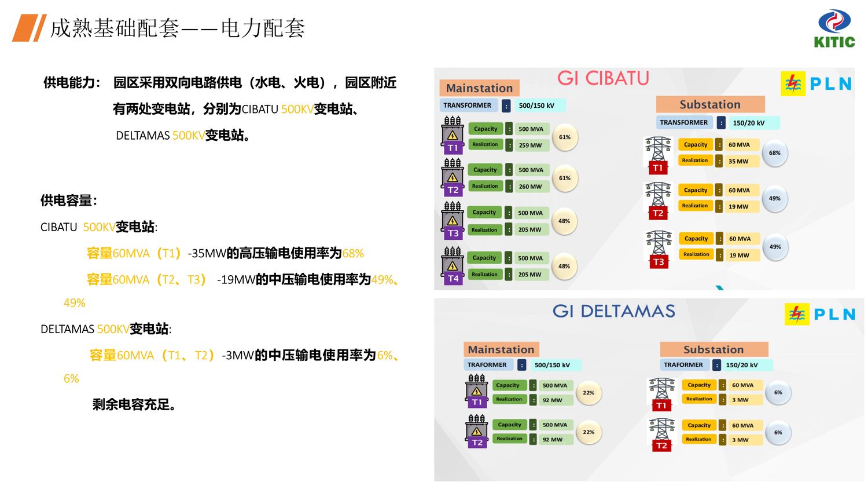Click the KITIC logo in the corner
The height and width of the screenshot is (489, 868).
(x=834, y=29)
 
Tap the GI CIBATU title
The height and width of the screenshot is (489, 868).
(x=603, y=78)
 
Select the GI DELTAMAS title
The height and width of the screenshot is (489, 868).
(x=613, y=311)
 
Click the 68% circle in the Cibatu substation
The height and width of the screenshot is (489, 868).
(x=775, y=153)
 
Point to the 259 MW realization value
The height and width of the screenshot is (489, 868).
(x=530, y=145)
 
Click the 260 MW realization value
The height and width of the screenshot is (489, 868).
(x=530, y=187)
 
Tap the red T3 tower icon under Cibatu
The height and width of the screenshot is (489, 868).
(x=659, y=250)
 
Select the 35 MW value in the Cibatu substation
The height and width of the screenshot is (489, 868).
(x=738, y=162)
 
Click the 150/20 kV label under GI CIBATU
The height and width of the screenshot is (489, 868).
(x=748, y=123)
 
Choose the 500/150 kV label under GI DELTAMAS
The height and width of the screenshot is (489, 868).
(x=552, y=365)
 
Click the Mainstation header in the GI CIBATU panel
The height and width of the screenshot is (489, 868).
(x=479, y=88)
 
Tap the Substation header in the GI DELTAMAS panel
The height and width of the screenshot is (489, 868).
(x=713, y=349)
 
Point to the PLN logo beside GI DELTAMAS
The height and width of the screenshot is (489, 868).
(x=820, y=314)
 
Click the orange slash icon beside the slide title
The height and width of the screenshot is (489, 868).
(x=29, y=28)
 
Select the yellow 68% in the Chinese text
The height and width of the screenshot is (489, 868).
(x=353, y=253)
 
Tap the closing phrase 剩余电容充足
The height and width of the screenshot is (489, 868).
(x=134, y=404)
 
